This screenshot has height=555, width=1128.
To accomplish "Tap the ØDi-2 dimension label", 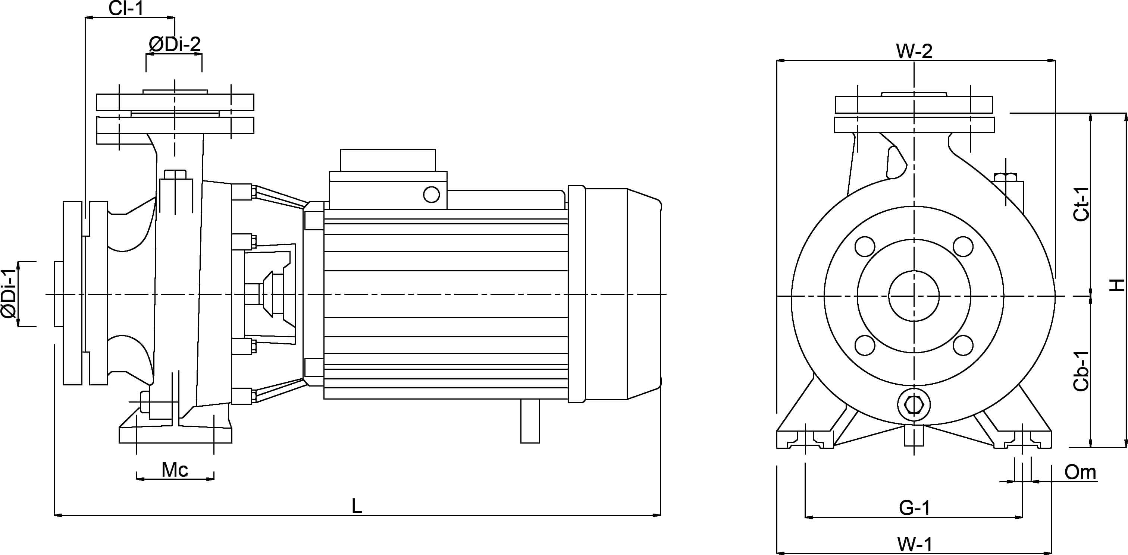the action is click(x=174, y=44).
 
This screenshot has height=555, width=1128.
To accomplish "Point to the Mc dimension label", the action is click(x=175, y=470).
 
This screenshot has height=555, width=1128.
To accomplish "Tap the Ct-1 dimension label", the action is click(x=1081, y=204).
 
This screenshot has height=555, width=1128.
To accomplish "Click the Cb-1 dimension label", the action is click(x=1081, y=371).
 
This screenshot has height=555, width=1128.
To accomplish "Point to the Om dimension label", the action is click(x=1080, y=473).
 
